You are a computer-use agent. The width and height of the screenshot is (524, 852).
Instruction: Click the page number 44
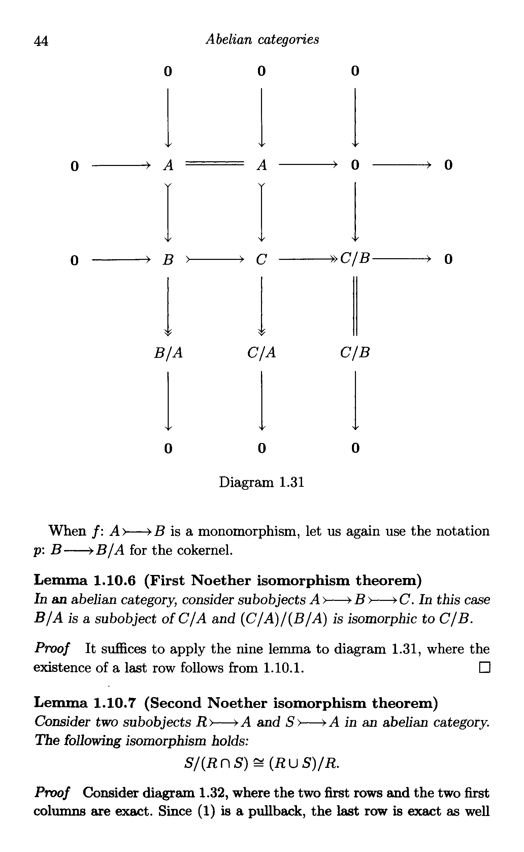[x=41, y=41]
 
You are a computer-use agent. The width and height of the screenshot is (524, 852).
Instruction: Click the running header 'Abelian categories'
[x=262, y=39]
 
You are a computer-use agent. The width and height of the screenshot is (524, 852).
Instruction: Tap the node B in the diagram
[x=168, y=260]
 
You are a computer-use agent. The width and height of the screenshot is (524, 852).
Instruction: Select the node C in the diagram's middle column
[x=262, y=260]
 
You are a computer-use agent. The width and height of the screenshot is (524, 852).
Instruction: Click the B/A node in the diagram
[x=168, y=353]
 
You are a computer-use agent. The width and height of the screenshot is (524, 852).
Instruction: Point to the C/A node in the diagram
[x=262, y=353]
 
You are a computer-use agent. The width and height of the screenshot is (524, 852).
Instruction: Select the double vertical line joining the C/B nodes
[x=355, y=305]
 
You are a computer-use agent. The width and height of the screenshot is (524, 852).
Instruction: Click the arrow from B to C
[x=215, y=259]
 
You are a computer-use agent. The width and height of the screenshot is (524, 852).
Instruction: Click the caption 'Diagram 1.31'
[x=262, y=482]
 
